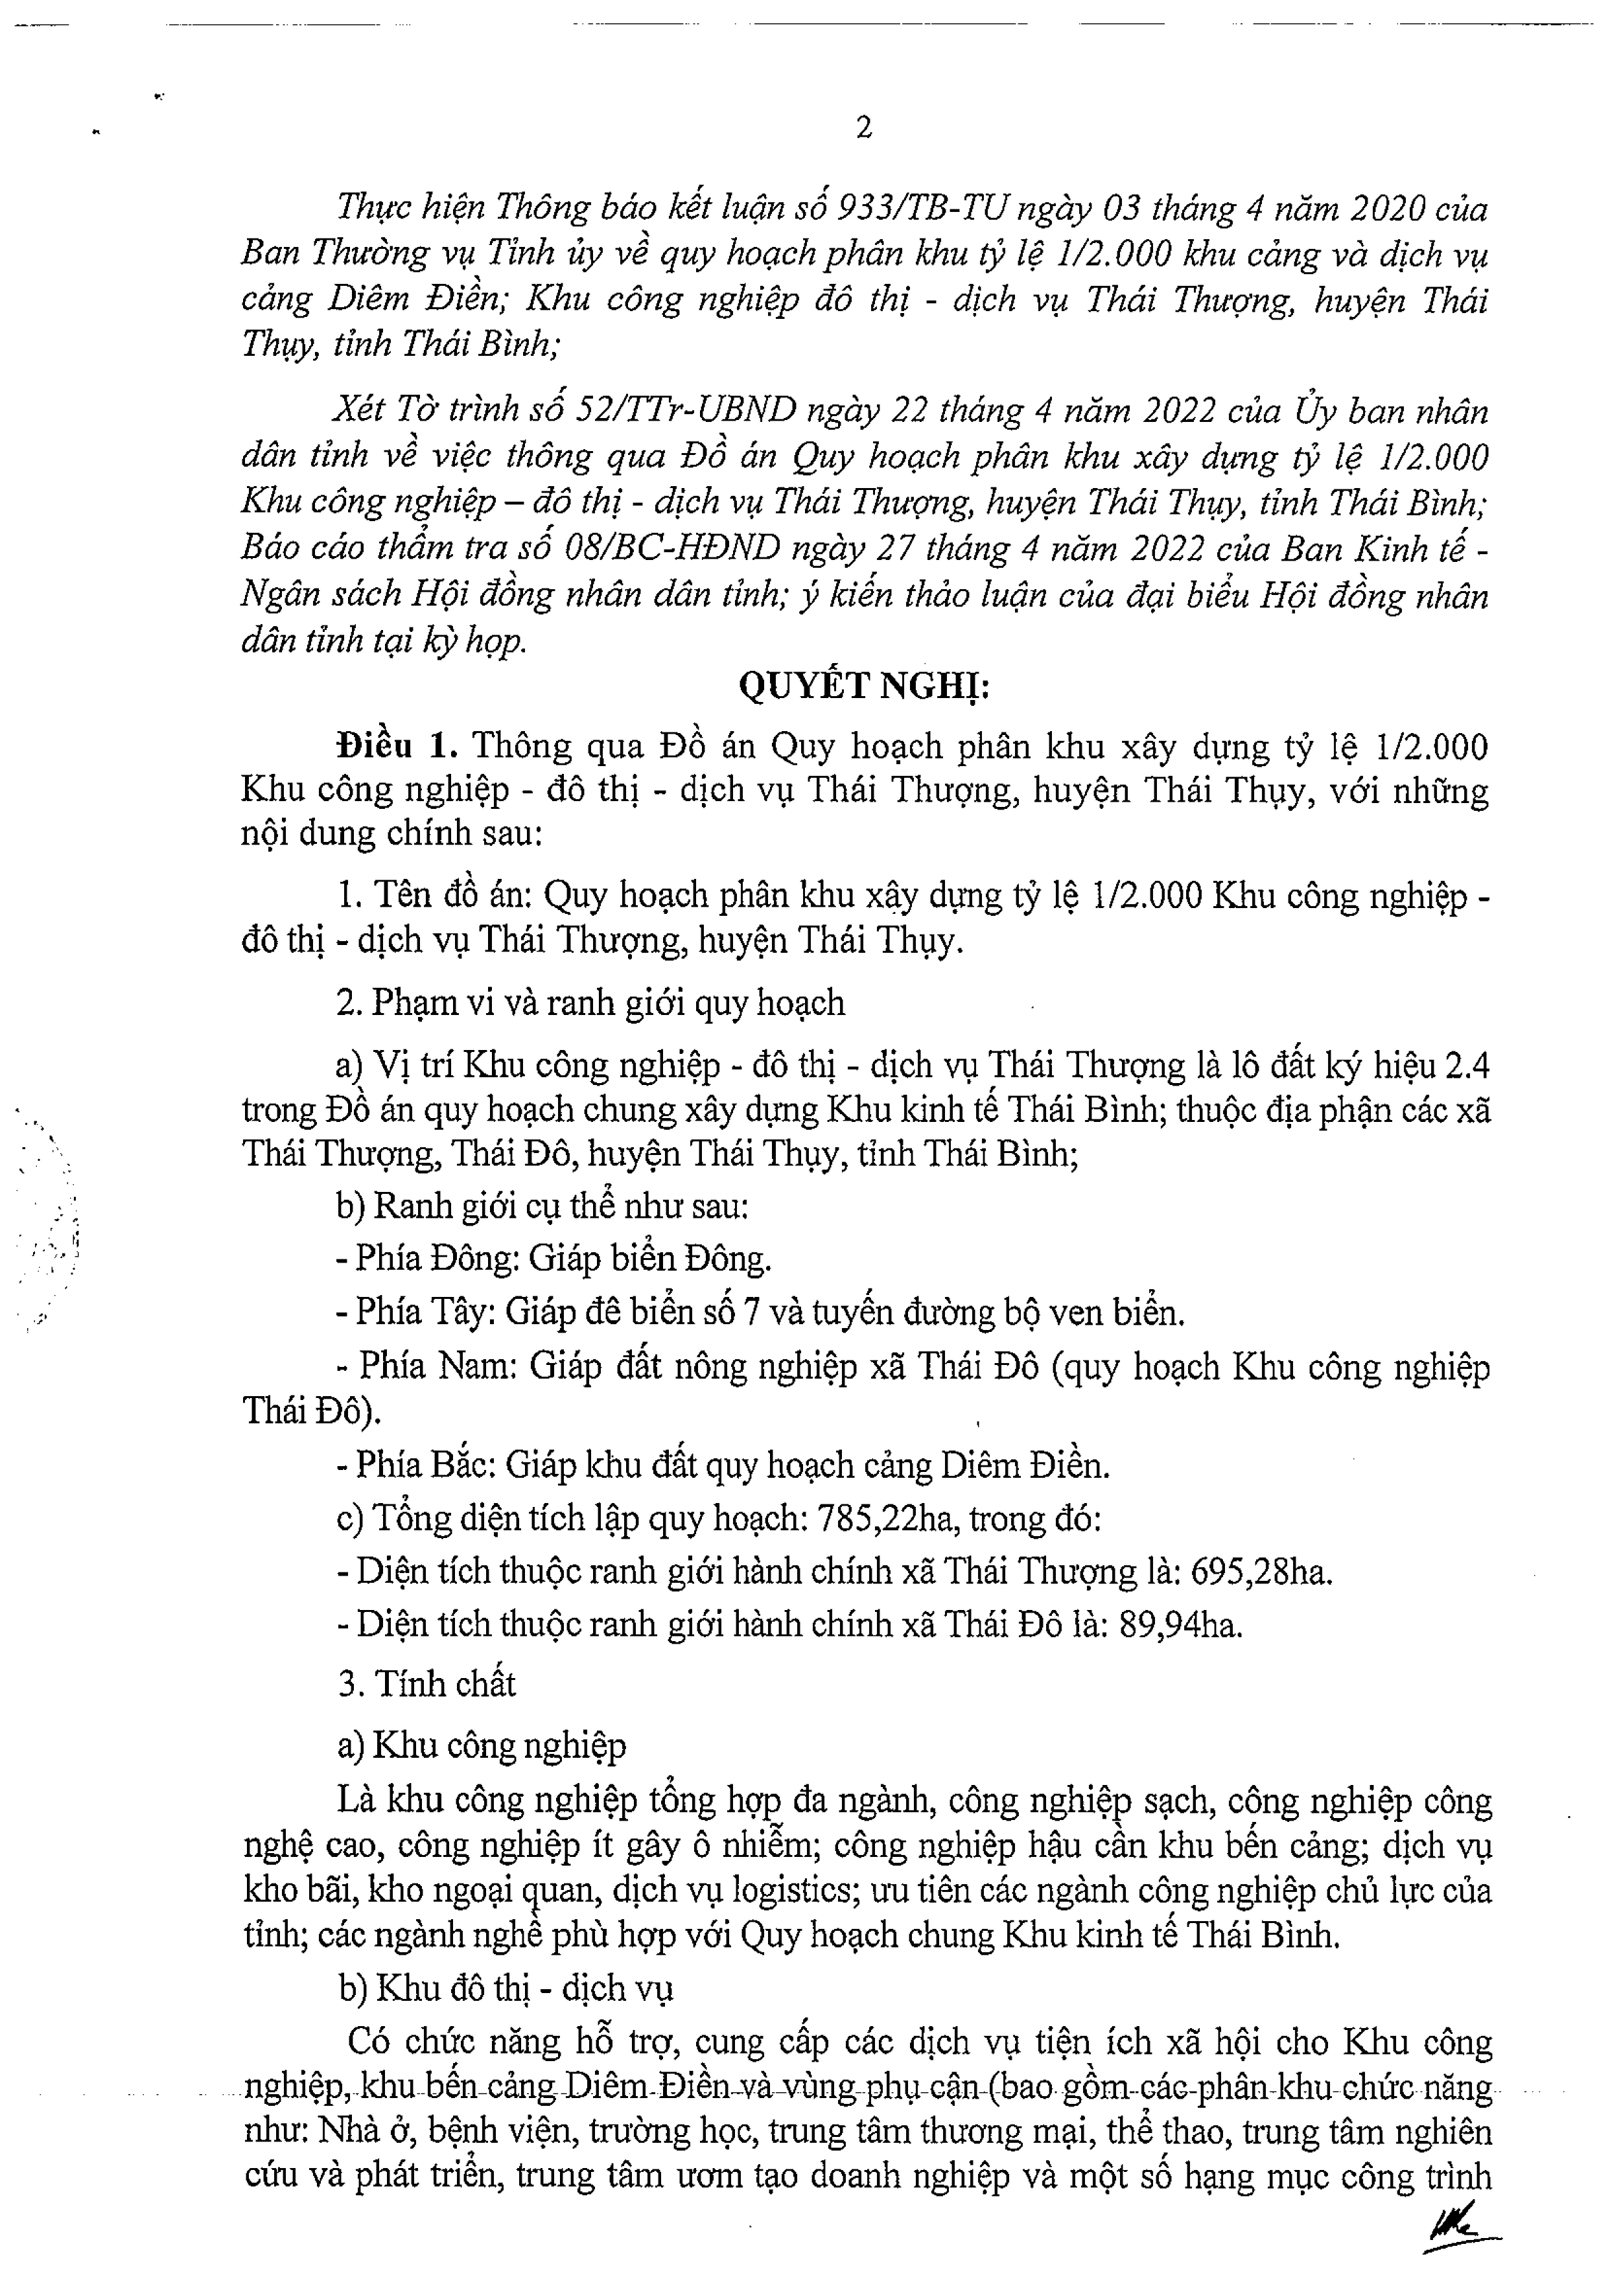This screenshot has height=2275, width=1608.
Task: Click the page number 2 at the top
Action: pos(863,128)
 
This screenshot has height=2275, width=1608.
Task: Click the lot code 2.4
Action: pos(1466,1066)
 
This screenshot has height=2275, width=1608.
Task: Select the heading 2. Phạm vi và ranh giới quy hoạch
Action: pos(590,1003)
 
